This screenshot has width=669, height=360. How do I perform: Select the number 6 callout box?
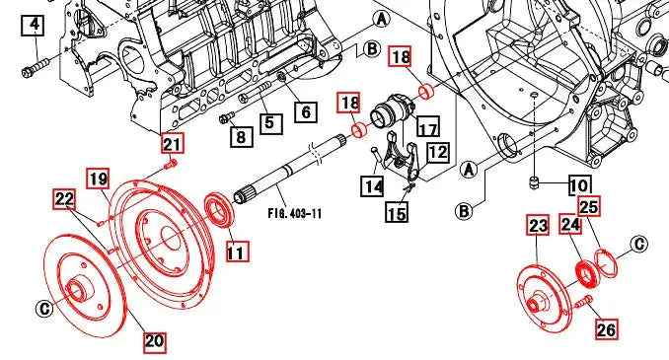[x=306, y=111]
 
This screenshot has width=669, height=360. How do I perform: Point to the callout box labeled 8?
[x=241, y=136]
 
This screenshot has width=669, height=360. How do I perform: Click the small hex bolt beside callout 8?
[x=227, y=116]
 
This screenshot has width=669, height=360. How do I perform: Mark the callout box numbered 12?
[x=438, y=152]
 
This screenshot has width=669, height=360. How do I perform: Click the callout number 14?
[x=372, y=186]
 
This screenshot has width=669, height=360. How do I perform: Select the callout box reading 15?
[x=397, y=212]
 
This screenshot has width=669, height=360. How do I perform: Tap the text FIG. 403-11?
[x=295, y=213]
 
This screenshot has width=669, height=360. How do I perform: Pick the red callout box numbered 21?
[x=172, y=143]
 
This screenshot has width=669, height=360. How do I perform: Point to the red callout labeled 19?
[x=98, y=179]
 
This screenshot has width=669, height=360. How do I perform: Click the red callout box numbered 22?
[x=64, y=199]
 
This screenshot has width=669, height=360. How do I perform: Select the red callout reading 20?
[x=155, y=341]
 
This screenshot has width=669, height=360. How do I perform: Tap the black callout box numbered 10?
[x=579, y=185]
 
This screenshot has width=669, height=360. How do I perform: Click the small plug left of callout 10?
[x=534, y=183]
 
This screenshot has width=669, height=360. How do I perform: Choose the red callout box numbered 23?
[x=538, y=225]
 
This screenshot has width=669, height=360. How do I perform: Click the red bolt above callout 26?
[x=584, y=303]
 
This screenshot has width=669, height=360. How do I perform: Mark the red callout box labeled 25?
[x=589, y=207]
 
